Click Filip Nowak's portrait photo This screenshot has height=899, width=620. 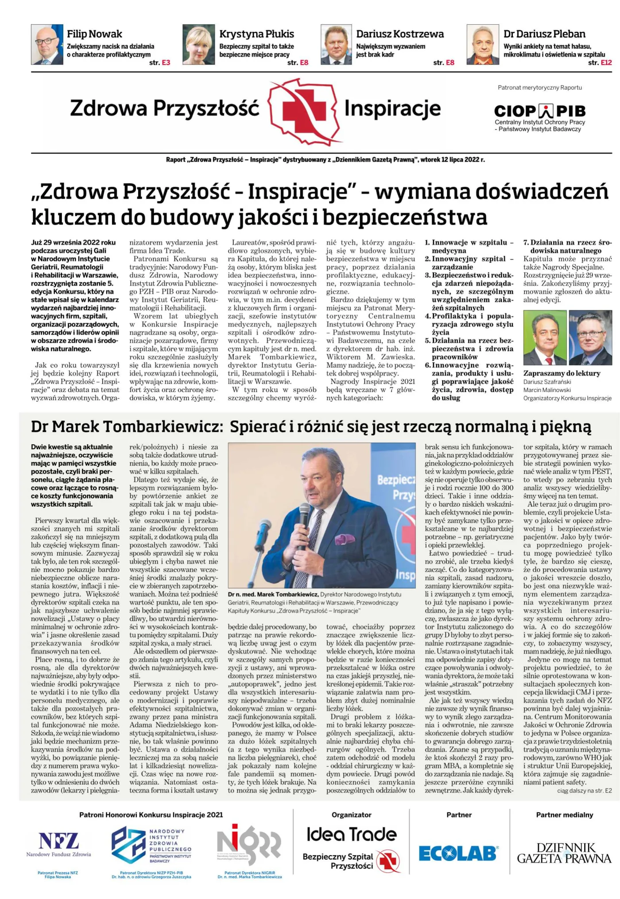tap(47, 45)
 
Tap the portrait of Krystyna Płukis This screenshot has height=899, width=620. tap(198, 45)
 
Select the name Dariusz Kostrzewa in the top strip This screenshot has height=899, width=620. tap(399, 34)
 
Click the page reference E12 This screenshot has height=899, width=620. tap(606, 63)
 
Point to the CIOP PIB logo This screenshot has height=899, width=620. tap(539, 111)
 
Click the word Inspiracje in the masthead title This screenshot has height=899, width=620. tap(392, 109)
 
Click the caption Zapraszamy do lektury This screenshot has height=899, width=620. tap(562, 373)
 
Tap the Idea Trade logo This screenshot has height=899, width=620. tap(352, 834)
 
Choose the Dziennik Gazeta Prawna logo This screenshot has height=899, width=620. tap(564, 853)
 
